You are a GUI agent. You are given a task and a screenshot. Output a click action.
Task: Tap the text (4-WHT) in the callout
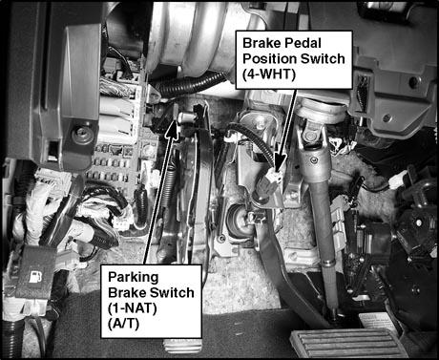pyautogui.click(x=269, y=74)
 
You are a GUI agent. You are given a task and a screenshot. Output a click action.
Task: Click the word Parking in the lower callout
pyautogui.click(x=133, y=277)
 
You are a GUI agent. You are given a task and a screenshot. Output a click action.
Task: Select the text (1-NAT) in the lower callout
pyautogui.click(x=133, y=308)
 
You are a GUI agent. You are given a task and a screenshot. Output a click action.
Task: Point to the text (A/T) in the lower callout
pyautogui.click(x=123, y=324)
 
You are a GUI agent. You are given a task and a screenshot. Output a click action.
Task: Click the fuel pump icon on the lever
pyautogui.click(x=35, y=277)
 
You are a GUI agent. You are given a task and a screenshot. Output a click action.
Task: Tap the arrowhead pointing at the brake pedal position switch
pyautogui.click(x=280, y=165)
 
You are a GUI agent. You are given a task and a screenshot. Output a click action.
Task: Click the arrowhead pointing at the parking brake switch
pyautogui.click(x=172, y=127)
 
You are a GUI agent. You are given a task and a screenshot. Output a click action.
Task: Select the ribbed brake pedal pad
pyautogui.click(x=348, y=344)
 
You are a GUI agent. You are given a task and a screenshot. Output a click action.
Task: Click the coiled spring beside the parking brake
pyautogui.click(x=169, y=188)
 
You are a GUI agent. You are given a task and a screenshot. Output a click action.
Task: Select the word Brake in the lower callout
pyautogui.click(x=127, y=292)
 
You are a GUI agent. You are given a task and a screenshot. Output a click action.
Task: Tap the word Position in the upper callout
pyautogui.click(x=268, y=59)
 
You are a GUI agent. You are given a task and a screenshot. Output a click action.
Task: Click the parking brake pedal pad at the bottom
pyautogui.click(x=182, y=347)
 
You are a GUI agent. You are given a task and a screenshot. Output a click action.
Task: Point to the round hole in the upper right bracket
pyautogui.click(x=413, y=82)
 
